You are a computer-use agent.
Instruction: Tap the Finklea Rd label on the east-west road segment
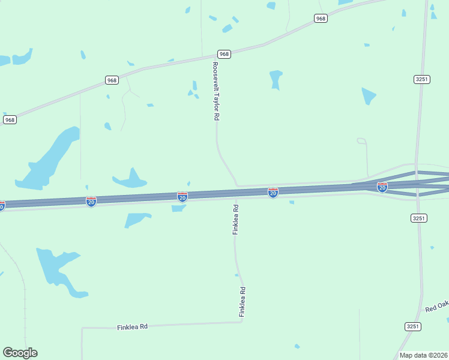coord(132,327)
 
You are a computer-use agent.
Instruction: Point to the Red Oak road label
coord(437,306)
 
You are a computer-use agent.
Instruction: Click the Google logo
coord(20,353)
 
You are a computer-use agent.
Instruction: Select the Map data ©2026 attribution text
coord(423,355)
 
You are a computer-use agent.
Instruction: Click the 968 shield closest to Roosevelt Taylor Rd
coord(224,54)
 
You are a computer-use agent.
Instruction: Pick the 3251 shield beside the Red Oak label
coord(412,326)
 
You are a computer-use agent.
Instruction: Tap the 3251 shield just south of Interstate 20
coord(419,218)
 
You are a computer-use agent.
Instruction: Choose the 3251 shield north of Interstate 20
coord(421,79)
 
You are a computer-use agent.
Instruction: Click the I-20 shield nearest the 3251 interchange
coord(382,187)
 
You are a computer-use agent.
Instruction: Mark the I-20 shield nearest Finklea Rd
coord(273,193)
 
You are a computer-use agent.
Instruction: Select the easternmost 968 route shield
coord(321,19)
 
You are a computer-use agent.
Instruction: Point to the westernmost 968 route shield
coord(10,120)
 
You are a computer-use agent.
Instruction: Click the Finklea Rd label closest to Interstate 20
coord(236,220)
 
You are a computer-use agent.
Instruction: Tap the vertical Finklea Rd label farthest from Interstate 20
coord(243,302)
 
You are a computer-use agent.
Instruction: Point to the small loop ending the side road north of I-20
coord(361,141)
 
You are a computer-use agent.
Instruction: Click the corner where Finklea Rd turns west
coord(242,322)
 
